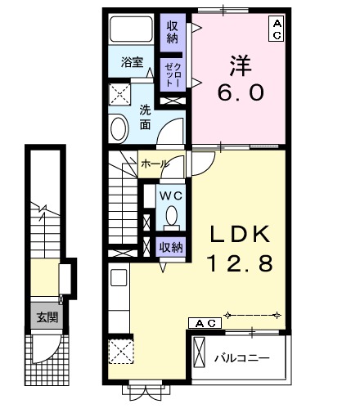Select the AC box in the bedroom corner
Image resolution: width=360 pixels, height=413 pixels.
pos(277,29)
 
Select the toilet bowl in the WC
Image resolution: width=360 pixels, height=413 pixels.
pos(172,216)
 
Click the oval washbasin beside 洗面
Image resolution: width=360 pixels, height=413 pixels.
pos(119,130)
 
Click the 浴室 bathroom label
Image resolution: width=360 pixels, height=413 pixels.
pos(132,62)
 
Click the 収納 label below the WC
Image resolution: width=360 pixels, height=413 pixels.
pos(171,247)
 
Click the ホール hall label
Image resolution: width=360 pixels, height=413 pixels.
pos(155,164)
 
